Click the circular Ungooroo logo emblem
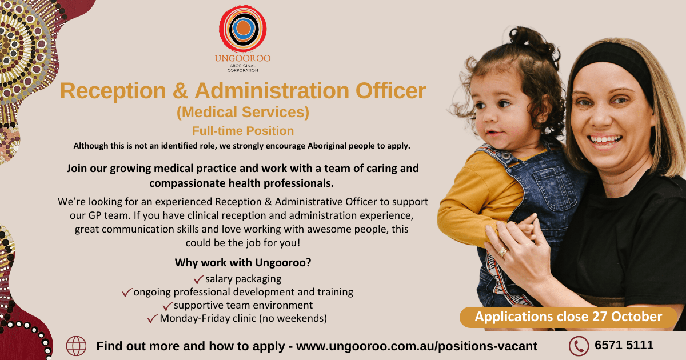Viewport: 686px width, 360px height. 242,29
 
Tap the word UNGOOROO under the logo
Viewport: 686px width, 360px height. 242,58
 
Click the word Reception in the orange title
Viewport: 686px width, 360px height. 113,91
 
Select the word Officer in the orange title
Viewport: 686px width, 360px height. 390,91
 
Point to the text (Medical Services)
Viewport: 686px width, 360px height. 243,112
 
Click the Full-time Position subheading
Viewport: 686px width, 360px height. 243,131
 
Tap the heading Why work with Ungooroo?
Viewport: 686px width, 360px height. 243,262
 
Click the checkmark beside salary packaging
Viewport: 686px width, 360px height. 198,279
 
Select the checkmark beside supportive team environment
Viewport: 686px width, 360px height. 167,306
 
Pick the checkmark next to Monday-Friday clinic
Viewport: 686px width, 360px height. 153,319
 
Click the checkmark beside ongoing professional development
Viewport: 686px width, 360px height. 127,293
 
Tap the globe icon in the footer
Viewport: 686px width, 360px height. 76,346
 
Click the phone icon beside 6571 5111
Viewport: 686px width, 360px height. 579,346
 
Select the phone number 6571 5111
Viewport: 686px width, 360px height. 624,345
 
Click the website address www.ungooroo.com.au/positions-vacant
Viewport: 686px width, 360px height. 417,346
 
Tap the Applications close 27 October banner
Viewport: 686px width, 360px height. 568,317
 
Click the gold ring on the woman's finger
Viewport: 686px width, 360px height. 502,251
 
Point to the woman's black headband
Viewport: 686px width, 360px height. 612,61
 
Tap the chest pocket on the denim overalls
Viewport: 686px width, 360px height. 552,187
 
